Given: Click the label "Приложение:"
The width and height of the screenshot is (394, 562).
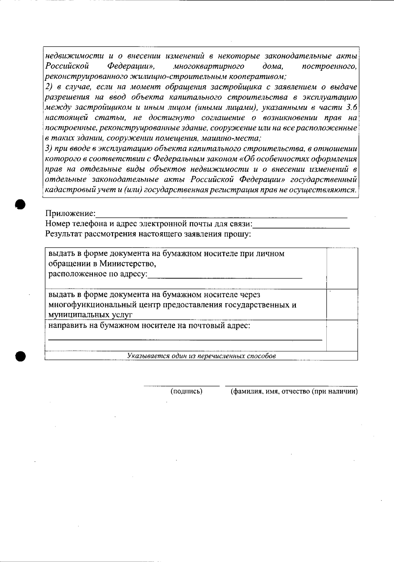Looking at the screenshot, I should coord(70,214).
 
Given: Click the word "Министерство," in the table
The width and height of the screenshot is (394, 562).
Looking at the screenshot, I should coord(128,264).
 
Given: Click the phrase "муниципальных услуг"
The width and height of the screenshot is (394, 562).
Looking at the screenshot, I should coord(90,315).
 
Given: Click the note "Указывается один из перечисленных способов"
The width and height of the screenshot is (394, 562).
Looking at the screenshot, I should coord(201,356).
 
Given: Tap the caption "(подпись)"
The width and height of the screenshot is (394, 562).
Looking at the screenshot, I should coord(186,391).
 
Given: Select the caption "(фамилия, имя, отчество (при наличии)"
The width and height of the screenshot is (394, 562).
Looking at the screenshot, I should coord(294,391).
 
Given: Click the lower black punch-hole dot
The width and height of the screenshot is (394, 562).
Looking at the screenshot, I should coord(20,356).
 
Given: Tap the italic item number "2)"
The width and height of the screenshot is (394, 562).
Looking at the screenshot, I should coord(49,87).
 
